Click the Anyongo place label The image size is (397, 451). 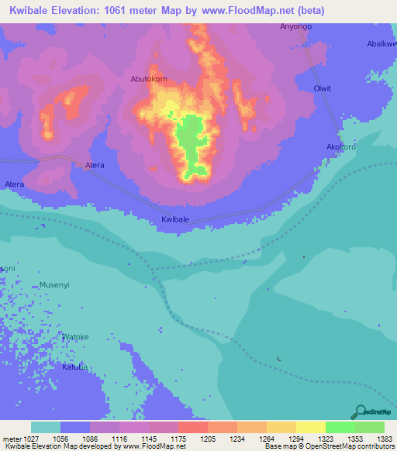pos(295,26)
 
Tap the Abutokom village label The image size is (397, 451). pos(149,79)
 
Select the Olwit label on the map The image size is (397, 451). pos(322,88)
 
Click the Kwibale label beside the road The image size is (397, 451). pos(175,220)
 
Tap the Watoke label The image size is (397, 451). pos(75,337)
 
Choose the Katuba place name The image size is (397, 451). pos(75,367)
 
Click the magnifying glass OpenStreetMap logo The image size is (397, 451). pos(358,411)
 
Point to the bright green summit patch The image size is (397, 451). pos(190,138)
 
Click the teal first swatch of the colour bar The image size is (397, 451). pos(46,427)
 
